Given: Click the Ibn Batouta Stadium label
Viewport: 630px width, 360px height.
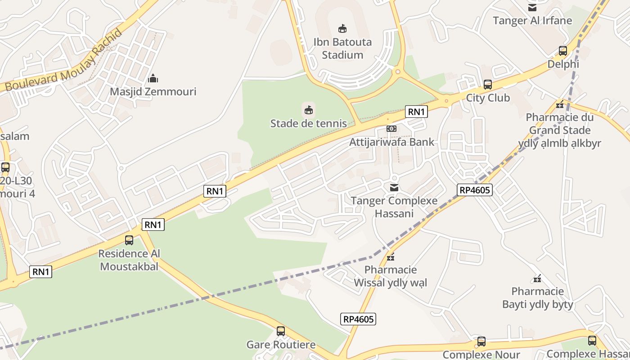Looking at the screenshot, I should point(342,49).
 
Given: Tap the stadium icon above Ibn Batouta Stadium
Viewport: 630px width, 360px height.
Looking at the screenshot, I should point(342,29).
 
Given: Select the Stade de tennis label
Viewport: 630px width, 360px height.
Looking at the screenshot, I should point(308,123).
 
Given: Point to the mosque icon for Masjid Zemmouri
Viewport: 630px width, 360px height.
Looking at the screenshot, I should point(153,79).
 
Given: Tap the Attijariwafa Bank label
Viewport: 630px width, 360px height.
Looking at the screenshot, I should point(392,142).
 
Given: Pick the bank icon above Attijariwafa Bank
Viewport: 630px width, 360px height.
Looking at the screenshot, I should point(391,129).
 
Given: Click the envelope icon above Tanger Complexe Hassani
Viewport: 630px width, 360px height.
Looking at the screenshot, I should point(394,187).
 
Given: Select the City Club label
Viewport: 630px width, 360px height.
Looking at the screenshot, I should point(488,98).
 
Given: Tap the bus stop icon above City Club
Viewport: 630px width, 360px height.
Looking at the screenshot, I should point(488,85).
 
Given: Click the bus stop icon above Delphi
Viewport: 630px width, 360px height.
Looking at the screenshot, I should point(563,51).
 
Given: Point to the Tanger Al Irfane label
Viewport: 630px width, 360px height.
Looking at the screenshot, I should point(532,21).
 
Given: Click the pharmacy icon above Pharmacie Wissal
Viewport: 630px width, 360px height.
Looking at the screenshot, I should point(391,257).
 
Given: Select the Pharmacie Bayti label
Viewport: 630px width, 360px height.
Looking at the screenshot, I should point(538,298).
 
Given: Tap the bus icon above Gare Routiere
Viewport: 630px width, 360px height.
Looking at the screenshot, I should point(281,331).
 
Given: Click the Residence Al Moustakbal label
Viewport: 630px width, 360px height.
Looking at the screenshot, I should point(129,260).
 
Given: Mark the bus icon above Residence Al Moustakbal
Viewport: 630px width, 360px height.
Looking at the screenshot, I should point(129,240).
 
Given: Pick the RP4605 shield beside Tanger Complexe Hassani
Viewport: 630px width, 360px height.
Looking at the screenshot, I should point(475,190).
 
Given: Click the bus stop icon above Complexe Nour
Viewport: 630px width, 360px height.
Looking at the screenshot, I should point(481,342).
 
